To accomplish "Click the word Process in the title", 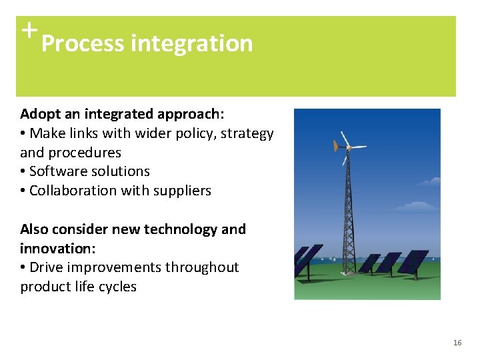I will (83, 44).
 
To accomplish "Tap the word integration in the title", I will (192, 44).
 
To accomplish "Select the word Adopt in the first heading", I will (39, 114).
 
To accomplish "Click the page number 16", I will (457, 342).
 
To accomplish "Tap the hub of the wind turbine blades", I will (347, 147).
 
